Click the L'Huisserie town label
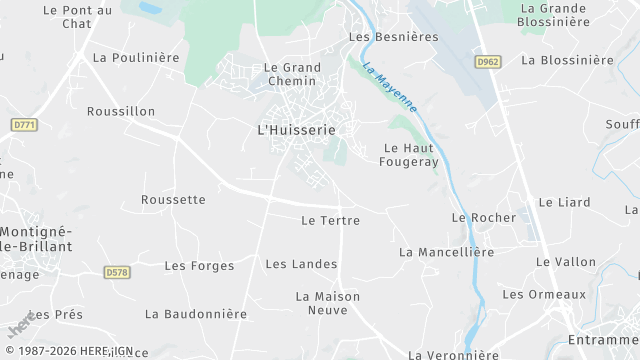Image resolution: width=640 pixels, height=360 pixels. [x=296, y=130]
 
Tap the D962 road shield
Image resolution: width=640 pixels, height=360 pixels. [x=488, y=61]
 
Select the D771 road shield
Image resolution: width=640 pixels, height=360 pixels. [x=24, y=124]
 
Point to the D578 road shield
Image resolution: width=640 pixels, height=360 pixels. [x=117, y=272]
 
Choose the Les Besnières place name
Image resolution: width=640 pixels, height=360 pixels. [x=393, y=37]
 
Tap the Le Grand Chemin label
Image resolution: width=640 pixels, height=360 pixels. [x=292, y=75]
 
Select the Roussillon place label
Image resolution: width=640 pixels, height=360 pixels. [x=121, y=111]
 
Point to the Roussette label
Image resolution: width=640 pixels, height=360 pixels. [x=173, y=200]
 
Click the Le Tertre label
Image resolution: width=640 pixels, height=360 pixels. [x=330, y=220]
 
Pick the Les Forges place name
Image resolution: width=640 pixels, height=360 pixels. [x=199, y=266]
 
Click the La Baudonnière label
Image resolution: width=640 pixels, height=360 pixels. [x=196, y=314]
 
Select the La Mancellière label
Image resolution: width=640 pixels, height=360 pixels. [x=446, y=252]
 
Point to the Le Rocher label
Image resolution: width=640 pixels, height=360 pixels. [x=483, y=217]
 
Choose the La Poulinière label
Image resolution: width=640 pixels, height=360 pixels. [x=136, y=58]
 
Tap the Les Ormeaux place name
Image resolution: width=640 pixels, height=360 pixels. [x=544, y=294]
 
